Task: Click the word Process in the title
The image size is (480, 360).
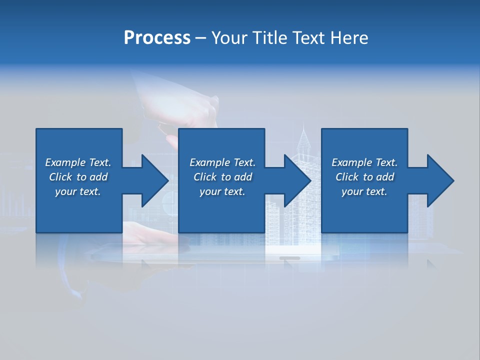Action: point(157,38)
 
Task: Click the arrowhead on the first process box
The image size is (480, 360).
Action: point(155,180)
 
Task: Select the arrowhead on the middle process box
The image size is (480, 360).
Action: point(297,180)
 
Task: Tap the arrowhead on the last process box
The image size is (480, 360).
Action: point(440,180)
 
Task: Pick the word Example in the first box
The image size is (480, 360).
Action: point(65,162)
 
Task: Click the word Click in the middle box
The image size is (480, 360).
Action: point(204,177)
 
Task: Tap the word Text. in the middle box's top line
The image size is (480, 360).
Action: point(244,162)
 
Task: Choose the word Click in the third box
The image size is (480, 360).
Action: point(346,177)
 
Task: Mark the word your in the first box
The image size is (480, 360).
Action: point(64,192)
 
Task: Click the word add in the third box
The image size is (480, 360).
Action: point(385,177)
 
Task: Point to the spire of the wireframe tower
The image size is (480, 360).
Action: point(303,132)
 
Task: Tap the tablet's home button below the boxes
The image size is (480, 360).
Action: point(289,258)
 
